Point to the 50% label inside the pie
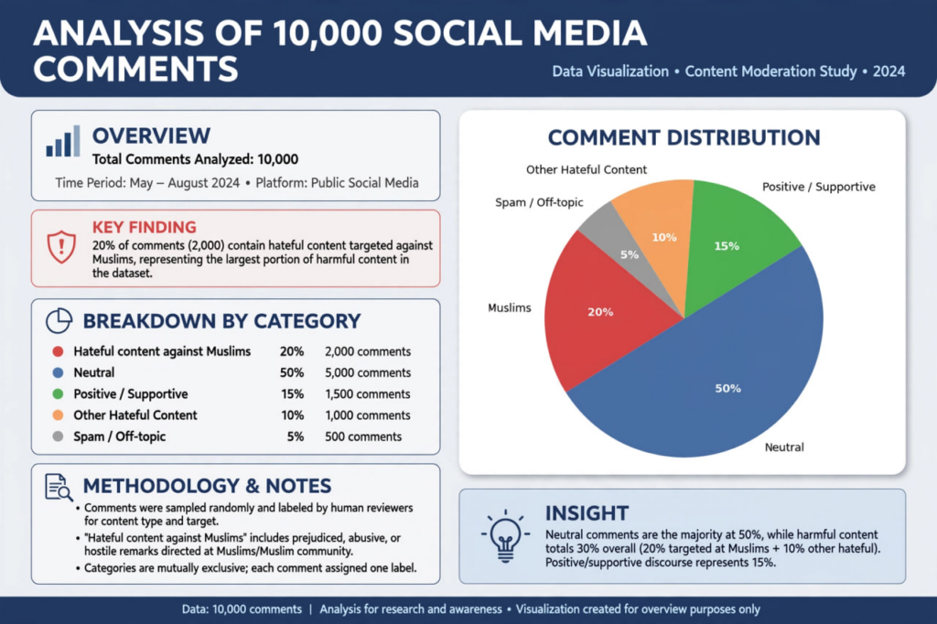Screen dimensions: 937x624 (x=727, y=389)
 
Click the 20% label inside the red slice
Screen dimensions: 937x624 (x=600, y=312)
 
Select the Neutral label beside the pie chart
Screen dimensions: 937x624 (x=784, y=447)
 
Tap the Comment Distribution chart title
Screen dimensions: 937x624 (x=684, y=137)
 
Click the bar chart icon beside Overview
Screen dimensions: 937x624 (x=63, y=141)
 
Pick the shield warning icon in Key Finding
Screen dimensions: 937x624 (x=61, y=247)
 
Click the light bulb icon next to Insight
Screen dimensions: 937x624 (x=505, y=536)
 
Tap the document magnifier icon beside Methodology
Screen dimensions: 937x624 (x=59, y=487)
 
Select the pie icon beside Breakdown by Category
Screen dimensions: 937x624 (x=59, y=321)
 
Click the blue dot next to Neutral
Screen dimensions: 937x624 (x=58, y=372)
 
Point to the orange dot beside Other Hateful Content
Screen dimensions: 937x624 (x=58, y=414)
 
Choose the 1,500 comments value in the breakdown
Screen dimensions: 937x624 (x=368, y=393)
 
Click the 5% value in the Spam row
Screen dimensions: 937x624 (x=296, y=436)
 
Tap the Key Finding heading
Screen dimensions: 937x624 (x=144, y=227)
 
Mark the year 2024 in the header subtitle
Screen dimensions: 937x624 (x=889, y=71)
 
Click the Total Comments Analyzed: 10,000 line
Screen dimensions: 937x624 (x=195, y=159)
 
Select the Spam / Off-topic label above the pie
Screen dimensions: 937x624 (x=539, y=202)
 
